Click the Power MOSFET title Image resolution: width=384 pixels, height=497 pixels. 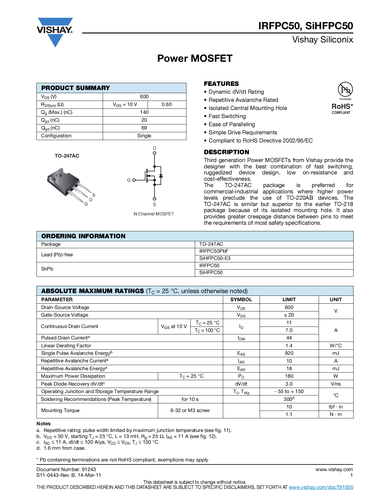pyautogui.click(x=195, y=58)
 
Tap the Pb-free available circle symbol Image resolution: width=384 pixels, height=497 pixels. pyautogui.click(x=345, y=89)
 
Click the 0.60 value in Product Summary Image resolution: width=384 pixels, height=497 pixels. pyautogui.click(x=167, y=105)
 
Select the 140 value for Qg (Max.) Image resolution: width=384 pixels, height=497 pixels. pyautogui.click(x=144, y=112)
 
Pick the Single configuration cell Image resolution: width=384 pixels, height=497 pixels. pyautogui.click(x=144, y=136)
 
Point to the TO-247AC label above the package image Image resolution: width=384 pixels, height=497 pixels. pyautogui.click(x=67, y=156)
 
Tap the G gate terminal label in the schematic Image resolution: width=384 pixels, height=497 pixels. pyautogui.click(x=129, y=180)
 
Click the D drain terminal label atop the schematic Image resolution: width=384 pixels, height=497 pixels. pyautogui.click(x=155, y=148)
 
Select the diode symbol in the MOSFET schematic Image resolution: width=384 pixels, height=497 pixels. pyautogui.click(x=161, y=175)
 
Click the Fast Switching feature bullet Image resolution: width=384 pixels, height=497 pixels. pyautogui.click(x=227, y=116)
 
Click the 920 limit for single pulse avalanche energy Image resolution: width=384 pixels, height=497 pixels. pyautogui.click(x=289, y=353)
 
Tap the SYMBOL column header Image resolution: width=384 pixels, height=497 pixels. pyautogui.click(x=241, y=299)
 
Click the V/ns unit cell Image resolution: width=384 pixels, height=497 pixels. pyautogui.click(x=336, y=384)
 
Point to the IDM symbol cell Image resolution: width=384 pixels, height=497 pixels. pyautogui.click(x=241, y=338)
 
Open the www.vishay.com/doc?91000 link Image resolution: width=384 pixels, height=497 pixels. pyautogui.click(x=321, y=487)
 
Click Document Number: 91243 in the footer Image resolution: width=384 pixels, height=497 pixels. pyautogui.click(x=66, y=469)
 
